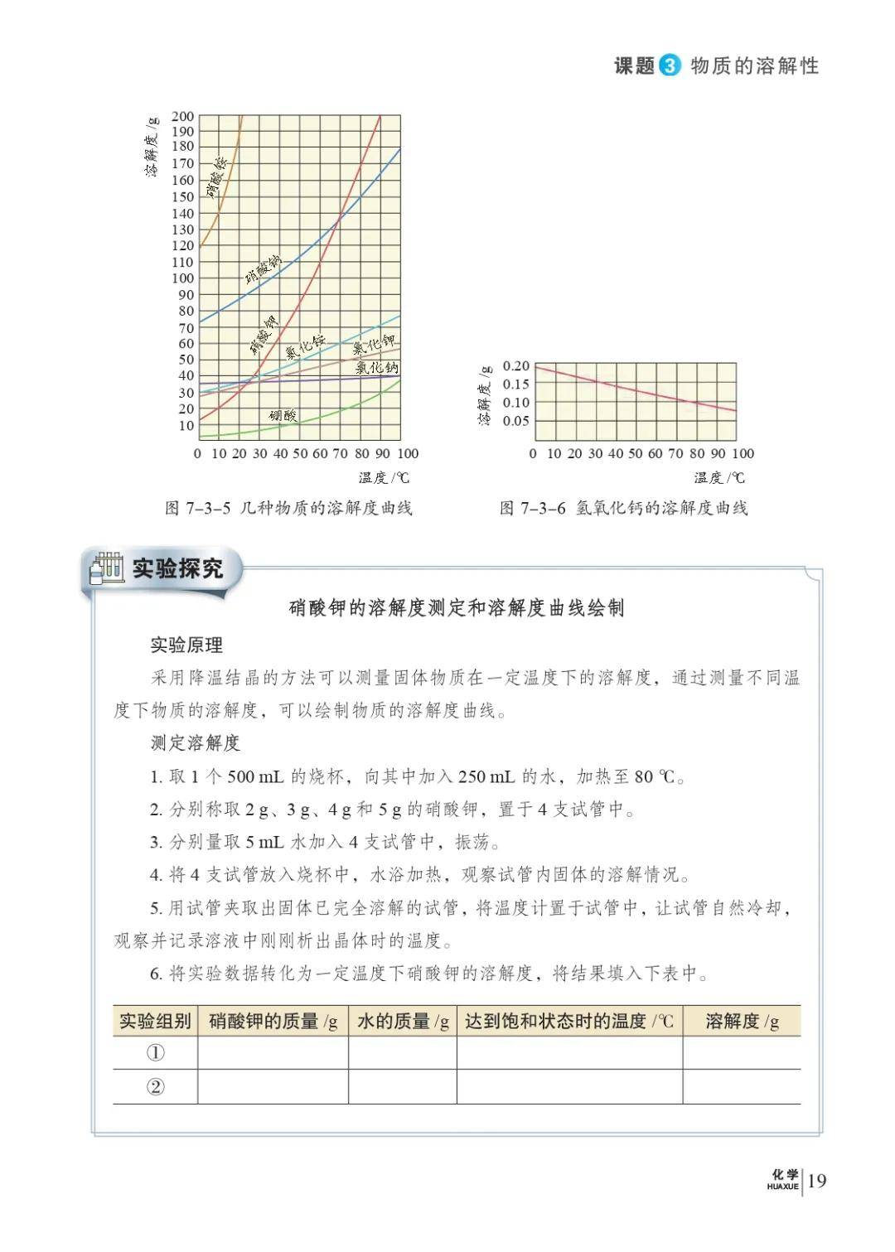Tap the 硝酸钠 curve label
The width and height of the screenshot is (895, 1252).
[263, 270]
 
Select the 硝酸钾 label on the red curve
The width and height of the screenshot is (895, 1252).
[264, 334]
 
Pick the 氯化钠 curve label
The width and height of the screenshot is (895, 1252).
[377, 366]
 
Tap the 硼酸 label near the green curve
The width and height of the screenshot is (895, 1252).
[283, 415]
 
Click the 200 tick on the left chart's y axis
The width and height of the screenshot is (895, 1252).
[183, 117]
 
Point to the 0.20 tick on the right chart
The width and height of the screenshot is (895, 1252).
[515, 366]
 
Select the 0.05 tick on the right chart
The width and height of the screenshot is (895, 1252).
[515, 421]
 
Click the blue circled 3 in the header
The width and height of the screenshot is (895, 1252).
[670, 66]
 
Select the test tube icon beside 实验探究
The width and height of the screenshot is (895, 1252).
[107, 568]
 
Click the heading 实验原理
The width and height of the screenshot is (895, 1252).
[186, 645]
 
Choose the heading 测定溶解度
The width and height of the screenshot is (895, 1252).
[195, 742]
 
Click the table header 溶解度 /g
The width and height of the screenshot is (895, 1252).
[742, 1021]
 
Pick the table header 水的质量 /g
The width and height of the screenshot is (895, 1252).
[403, 1021]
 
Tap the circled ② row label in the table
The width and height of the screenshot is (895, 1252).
[155, 1087]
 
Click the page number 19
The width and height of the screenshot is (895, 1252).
[816, 1181]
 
